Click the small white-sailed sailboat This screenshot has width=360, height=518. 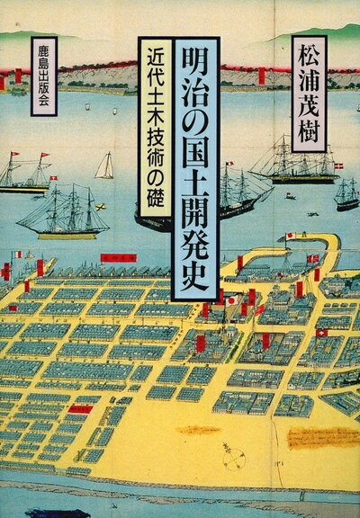[x=105, y=165]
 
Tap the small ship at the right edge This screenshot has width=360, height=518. [x=346, y=192]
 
